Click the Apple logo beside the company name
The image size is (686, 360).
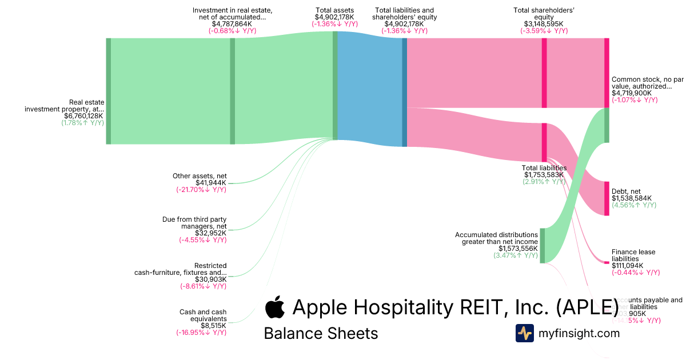275,307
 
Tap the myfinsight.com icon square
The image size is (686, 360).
524,333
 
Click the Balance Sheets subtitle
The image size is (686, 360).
321,333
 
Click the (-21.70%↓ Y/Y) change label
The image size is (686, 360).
201,190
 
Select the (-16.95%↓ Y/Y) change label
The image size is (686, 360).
201,332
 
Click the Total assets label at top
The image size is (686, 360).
334,10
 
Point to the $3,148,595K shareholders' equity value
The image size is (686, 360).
544,24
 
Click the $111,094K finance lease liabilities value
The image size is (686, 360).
627,266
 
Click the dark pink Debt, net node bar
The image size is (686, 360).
607,198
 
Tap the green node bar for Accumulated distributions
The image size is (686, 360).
543,246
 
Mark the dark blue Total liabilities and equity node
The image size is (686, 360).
405,92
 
